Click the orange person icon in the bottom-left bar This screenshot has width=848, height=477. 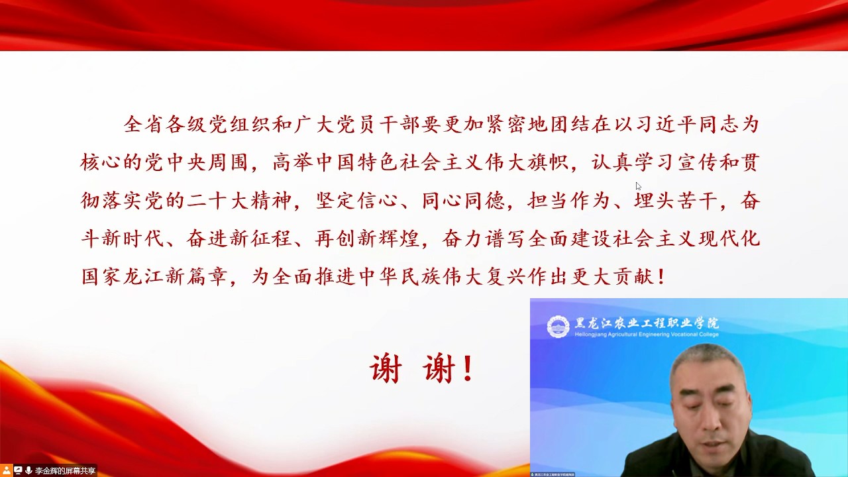click(7, 470)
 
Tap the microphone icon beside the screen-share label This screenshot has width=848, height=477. click(28, 470)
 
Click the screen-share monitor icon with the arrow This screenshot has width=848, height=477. click(18, 470)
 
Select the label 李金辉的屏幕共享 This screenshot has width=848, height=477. click(65, 471)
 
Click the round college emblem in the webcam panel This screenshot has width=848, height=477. click(558, 326)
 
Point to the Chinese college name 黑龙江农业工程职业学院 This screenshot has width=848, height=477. click(647, 323)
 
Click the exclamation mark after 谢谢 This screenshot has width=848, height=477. click(468, 369)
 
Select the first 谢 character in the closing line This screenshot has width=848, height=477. click(386, 369)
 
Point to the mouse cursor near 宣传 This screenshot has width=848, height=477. click(638, 185)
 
